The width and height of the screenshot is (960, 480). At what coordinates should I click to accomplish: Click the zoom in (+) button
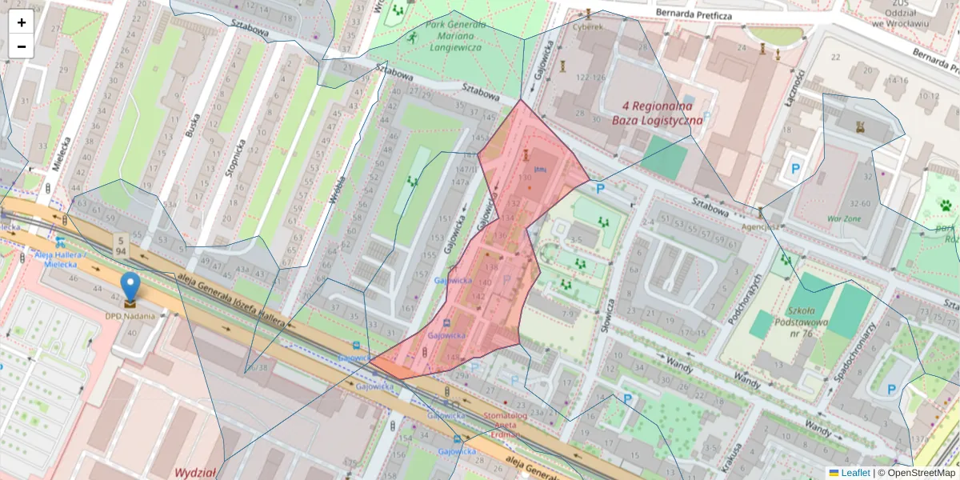(22, 22)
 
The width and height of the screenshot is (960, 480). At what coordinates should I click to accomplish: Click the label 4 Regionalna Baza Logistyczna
(657, 113)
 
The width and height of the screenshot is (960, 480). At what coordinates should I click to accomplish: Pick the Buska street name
(193, 123)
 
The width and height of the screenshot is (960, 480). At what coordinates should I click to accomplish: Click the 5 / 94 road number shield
(121, 246)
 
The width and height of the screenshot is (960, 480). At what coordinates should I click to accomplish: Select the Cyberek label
(588, 26)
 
